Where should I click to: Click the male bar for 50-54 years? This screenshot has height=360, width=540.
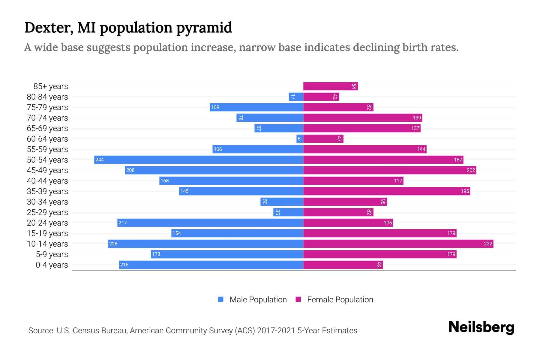199,160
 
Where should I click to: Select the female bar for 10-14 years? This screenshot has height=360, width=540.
398,244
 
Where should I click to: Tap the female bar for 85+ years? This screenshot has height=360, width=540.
330,86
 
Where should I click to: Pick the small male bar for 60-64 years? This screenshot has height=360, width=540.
300,139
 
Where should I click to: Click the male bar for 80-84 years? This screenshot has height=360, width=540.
296,97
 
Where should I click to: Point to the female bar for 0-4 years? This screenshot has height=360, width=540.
343,265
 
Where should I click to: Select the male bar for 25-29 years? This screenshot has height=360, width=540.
288,212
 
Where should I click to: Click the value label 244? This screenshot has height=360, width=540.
100,160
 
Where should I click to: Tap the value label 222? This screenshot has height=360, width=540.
488,244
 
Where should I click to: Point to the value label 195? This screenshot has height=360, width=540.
465,191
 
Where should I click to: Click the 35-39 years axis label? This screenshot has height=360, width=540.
47,191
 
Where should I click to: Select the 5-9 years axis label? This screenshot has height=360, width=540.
52,254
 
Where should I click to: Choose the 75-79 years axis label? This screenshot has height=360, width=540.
47,107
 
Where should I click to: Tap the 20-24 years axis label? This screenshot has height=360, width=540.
47,223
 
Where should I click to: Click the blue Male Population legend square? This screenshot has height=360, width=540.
221,299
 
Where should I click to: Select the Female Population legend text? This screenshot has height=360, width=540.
340,300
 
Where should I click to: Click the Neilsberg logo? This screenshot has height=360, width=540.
481,327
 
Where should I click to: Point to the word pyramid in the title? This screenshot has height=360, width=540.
204,28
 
